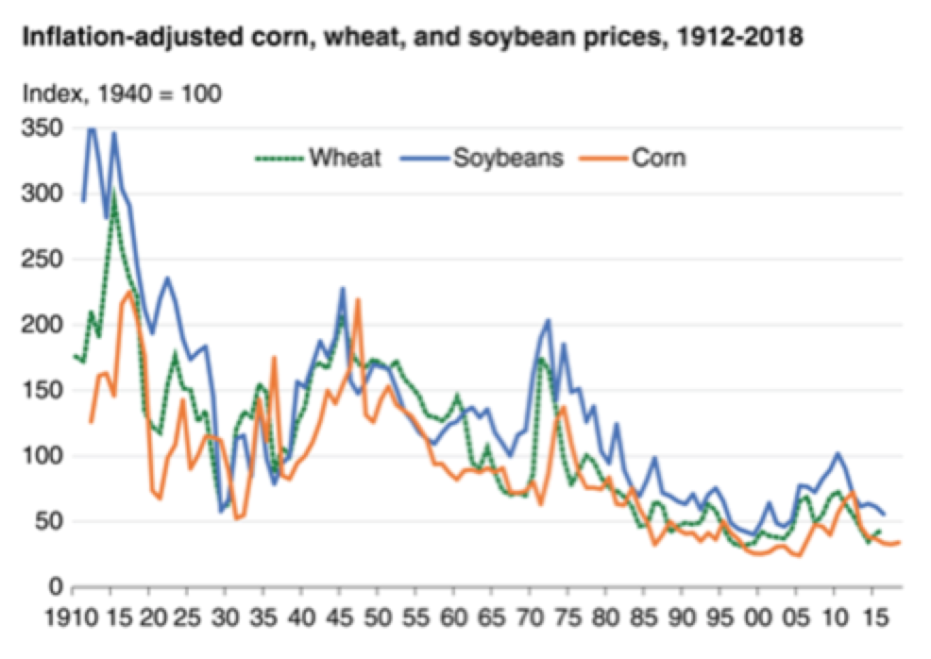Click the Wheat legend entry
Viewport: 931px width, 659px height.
344,158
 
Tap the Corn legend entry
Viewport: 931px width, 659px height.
660,158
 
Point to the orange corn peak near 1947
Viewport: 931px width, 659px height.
359,300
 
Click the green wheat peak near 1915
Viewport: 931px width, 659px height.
113,193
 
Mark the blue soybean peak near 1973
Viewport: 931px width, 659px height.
549,321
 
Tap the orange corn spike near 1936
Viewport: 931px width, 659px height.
274,358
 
